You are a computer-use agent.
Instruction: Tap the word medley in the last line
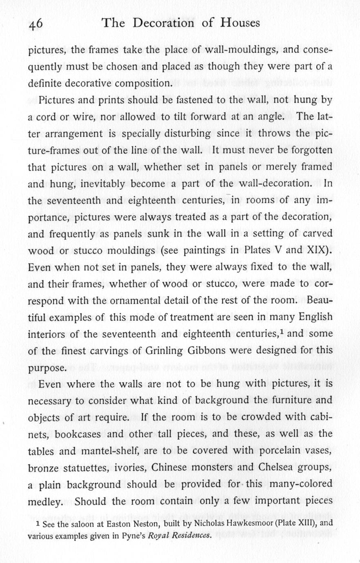[44, 501]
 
